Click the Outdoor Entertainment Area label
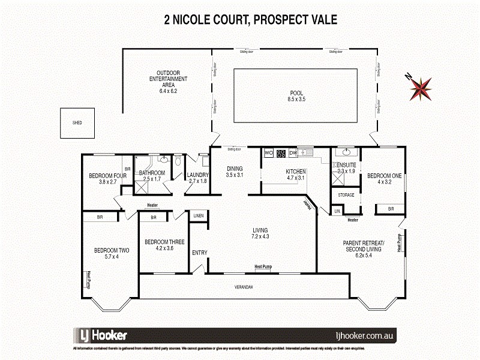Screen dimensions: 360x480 [x=168, y=79]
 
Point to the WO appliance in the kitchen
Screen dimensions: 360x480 [x=268, y=153]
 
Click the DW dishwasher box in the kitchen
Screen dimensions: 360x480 [x=293, y=153]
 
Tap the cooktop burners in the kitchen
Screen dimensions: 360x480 [x=281, y=153]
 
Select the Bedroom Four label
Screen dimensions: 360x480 [x=108, y=176]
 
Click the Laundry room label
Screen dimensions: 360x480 [x=197, y=175]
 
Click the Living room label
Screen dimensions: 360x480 [x=260, y=230]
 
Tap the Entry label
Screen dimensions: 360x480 [x=199, y=253]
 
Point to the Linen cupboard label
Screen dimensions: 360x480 [x=199, y=215]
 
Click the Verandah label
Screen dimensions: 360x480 [x=243, y=287]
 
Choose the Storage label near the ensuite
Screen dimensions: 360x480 [x=346, y=195]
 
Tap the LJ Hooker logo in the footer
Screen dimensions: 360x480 [x=100, y=335]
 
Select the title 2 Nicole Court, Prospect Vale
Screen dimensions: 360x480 [x=251, y=19]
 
